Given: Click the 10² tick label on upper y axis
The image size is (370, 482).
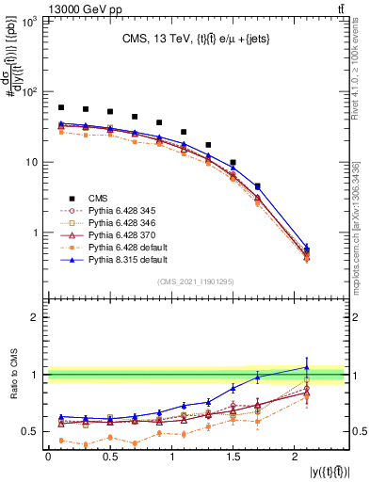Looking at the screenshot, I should [29, 92].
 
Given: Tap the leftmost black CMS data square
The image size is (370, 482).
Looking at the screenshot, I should [61, 107].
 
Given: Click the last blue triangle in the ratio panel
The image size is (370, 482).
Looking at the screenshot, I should [306, 367].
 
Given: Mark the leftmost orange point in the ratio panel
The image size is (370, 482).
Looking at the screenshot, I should [61, 440].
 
